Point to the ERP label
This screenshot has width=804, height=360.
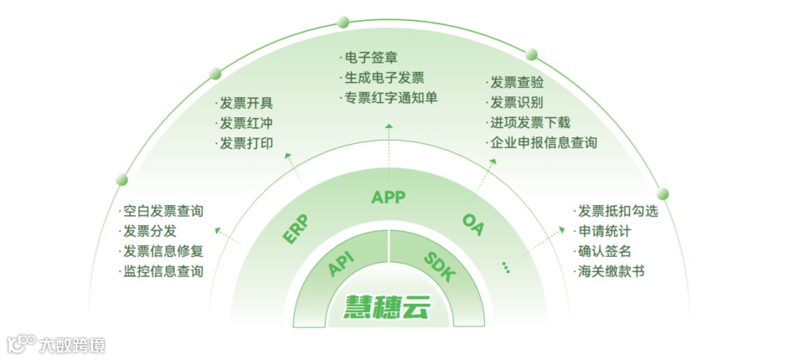click(295, 229)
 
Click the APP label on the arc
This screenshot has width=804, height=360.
click(388, 198)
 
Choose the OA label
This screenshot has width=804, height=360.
click(473, 224)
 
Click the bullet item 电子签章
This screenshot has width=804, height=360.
click(369, 58)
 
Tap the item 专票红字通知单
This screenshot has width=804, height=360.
click(389, 98)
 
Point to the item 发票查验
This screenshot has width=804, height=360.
click(516, 82)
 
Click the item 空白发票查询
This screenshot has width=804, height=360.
click(162, 211)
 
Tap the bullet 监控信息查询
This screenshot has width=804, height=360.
click(162, 271)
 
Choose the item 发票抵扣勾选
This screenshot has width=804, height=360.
click(617, 211)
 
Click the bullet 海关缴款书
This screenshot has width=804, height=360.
click(611, 271)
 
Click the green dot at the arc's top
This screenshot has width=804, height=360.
click(342, 22)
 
